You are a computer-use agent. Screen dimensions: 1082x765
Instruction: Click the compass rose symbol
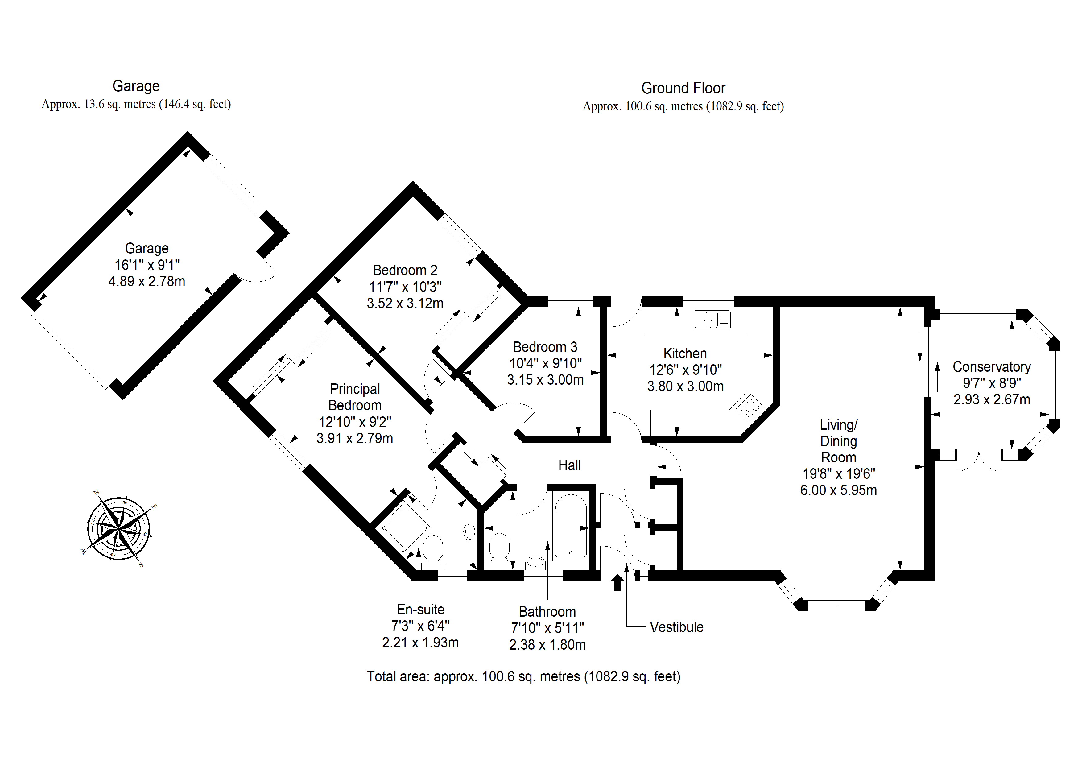pyautogui.click(x=119, y=528)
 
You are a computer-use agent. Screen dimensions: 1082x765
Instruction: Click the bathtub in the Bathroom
pyautogui.click(x=571, y=526)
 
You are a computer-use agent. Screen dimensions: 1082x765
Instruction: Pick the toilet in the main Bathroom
pyautogui.click(x=499, y=547)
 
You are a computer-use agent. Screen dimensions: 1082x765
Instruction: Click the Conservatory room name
pyautogui.click(x=992, y=367)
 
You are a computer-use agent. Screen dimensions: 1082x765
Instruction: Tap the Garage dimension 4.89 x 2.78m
pyautogui.click(x=147, y=281)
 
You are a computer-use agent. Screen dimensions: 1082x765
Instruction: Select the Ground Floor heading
pyautogui.click(x=683, y=88)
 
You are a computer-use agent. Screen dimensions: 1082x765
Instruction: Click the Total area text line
pyautogui.click(x=523, y=676)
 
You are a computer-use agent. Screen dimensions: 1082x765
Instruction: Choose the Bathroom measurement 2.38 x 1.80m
pyautogui.click(x=547, y=644)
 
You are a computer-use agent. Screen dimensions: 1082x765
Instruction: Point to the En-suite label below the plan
pyautogui.click(x=420, y=610)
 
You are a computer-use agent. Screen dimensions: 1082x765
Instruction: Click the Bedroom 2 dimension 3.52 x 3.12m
pyautogui.click(x=405, y=303)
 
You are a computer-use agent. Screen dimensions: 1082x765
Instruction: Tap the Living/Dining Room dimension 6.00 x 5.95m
pyautogui.click(x=838, y=490)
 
